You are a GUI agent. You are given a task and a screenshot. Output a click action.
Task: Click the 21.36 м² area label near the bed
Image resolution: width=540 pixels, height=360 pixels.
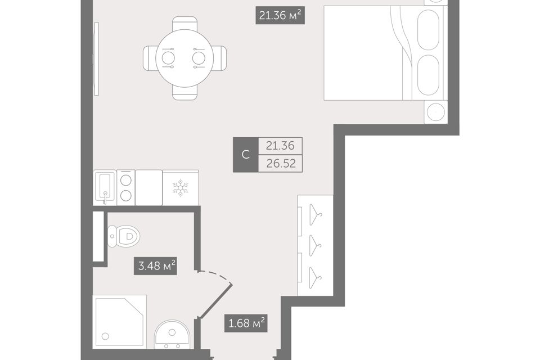pyautogui.click(x=280, y=16)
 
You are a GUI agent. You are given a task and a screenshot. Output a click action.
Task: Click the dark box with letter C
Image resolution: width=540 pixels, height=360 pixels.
pyautogui.click(x=246, y=155)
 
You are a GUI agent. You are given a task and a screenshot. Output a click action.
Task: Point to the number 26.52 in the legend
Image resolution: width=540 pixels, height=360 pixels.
pyautogui.click(x=281, y=163)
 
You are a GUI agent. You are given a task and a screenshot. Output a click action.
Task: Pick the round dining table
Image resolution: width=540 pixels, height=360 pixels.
pyautogui.click(x=184, y=58)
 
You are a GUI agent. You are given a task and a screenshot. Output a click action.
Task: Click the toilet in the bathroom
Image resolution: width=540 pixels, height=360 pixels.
pyautogui.click(x=124, y=236)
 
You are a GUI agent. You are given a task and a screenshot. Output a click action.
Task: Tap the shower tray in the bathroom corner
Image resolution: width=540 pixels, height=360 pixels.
pyautogui.click(x=119, y=321)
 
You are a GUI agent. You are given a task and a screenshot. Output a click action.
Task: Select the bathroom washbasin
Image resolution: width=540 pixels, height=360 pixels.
pyautogui.click(x=172, y=335)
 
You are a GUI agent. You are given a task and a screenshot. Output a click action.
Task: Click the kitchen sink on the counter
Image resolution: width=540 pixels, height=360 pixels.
pyautogui.click(x=105, y=188)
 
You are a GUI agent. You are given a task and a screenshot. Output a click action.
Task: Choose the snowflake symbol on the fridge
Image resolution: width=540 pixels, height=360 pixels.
pyautogui.click(x=180, y=188)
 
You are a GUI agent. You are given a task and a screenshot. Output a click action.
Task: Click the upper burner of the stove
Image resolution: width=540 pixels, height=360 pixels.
pyautogui.click(x=125, y=180)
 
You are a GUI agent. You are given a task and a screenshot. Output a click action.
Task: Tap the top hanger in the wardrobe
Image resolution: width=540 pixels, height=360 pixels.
pyautogui.click(x=315, y=215)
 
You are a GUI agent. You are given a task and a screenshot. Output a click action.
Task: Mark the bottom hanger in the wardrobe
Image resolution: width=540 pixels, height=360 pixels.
pyautogui.click(x=315, y=278)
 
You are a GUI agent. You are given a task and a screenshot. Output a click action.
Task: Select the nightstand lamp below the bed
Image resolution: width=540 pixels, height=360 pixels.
pyautogui.click(x=436, y=112)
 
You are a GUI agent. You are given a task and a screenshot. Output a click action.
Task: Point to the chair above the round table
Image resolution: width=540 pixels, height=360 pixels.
pyautogui.click(x=185, y=24)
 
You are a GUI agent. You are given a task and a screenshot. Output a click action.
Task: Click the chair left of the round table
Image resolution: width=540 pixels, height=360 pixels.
pyautogui.click(x=150, y=58)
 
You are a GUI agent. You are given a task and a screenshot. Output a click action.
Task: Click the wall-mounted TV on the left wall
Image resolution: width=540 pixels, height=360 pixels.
pyautogui.click(x=96, y=58)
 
